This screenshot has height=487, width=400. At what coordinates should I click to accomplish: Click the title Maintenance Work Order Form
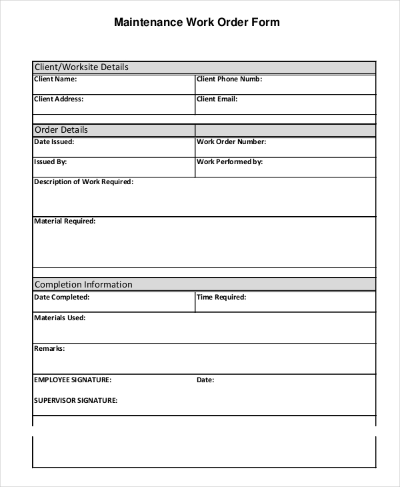point(197,22)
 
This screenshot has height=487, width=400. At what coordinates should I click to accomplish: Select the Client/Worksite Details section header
point(81,67)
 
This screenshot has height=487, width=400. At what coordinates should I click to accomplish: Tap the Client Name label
point(55,79)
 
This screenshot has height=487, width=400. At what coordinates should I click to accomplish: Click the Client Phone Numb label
point(229,79)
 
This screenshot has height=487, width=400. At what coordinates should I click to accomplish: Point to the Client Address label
point(59,99)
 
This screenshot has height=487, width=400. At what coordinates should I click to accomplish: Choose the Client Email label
point(217,99)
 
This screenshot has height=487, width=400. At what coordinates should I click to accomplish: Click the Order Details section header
point(61,130)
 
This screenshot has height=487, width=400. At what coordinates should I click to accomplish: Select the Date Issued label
point(54,141)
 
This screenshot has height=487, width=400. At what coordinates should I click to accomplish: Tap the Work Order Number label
point(231,141)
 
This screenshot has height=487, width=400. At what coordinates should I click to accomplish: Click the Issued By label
point(50,161)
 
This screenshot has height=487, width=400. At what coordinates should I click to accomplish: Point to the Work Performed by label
point(229,161)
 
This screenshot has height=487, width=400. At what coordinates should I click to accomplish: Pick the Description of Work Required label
point(83,181)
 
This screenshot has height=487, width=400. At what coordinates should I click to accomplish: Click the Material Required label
point(65,221)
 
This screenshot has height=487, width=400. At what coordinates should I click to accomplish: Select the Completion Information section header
point(83,284)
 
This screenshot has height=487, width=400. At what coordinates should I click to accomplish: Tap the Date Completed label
point(61,298)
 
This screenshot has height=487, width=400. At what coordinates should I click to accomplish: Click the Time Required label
point(221,298)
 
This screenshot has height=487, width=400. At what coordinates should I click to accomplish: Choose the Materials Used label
point(59,318)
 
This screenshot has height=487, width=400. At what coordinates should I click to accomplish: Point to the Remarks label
point(49,348)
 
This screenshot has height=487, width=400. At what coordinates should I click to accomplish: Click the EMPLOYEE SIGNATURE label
point(73,380)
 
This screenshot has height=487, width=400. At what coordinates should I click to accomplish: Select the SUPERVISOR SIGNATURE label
point(75,401)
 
